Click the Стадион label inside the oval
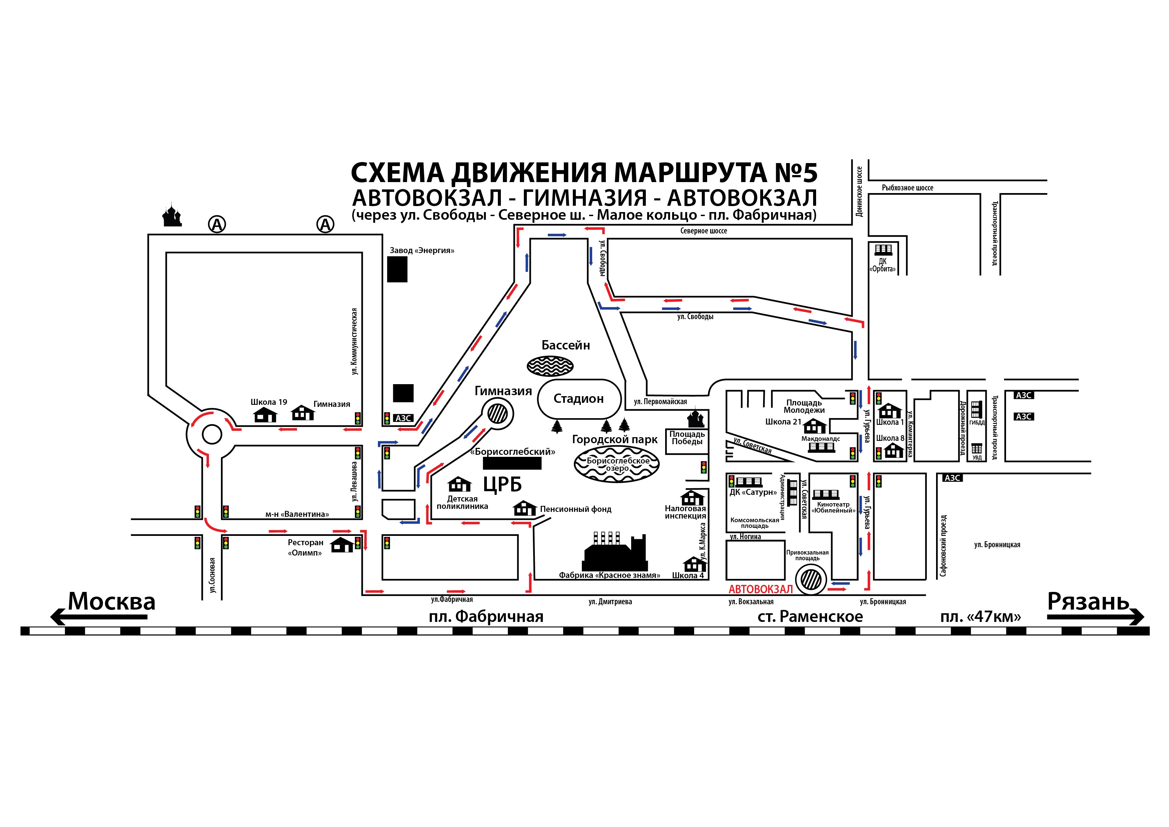tap(579, 398)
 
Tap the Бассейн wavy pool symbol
tap(550, 365)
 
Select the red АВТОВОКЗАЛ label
tap(761, 589)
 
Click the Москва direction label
tap(112, 601)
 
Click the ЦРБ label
tap(503, 485)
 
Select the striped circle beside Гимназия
tap(498, 413)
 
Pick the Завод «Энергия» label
tap(422, 250)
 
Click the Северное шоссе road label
tap(704, 231)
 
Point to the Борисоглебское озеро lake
tap(616, 464)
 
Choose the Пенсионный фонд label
tap(575, 509)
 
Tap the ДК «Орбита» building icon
tap(883, 250)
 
